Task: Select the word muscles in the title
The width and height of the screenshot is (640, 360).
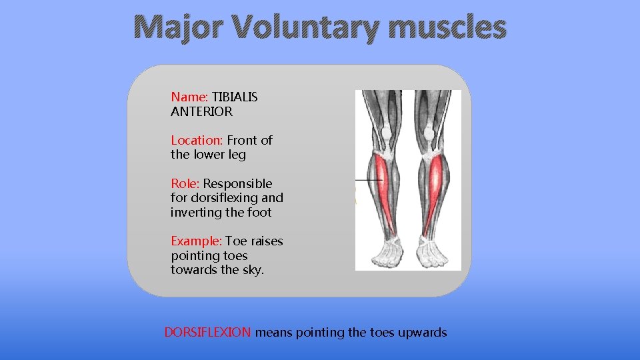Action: [x=449, y=28]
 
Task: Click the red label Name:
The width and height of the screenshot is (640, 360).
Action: [x=190, y=97]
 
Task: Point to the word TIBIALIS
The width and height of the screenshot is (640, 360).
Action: [x=235, y=97]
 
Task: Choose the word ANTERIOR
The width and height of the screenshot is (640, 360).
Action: [x=201, y=112]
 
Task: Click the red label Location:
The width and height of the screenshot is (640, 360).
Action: [x=197, y=140]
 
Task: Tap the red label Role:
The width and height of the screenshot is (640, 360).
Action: [x=185, y=183]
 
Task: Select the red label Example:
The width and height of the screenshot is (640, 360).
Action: [x=196, y=241]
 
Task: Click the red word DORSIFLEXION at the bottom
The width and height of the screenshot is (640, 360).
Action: [x=207, y=332]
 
